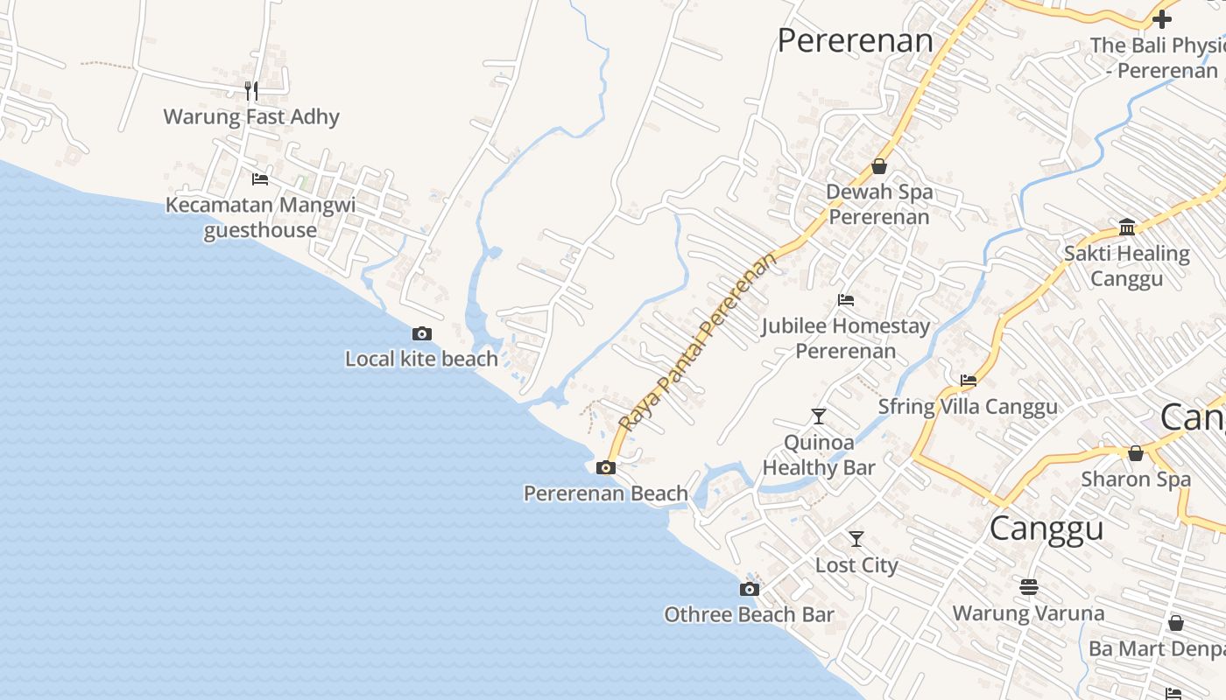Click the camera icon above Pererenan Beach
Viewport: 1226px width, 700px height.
pyautogui.click(x=605, y=468)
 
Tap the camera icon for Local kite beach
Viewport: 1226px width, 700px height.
pyautogui.click(x=422, y=333)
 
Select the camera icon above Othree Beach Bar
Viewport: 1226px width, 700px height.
pyautogui.click(x=749, y=589)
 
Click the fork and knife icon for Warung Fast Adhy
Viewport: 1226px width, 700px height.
pyautogui.click(x=251, y=90)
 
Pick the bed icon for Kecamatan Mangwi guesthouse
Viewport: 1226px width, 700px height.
pyautogui.click(x=260, y=179)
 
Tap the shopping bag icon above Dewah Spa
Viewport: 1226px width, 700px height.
pyautogui.click(x=879, y=166)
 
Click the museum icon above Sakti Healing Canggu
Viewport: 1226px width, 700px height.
pyautogui.click(x=1127, y=227)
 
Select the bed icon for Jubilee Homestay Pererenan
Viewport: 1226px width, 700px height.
pyautogui.click(x=845, y=300)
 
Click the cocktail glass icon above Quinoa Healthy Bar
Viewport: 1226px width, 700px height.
pyautogui.click(x=819, y=416)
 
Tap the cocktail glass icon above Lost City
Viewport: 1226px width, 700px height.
pyautogui.click(x=856, y=539)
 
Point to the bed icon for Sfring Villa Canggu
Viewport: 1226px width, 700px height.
pyautogui.click(x=968, y=381)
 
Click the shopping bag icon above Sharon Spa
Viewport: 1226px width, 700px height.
pyautogui.click(x=1136, y=453)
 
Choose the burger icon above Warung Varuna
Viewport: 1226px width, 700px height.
pyautogui.click(x=1029, y=586)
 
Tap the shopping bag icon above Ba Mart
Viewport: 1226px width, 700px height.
pyautogui.click(x=1176, y=623)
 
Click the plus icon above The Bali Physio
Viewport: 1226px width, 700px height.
pyautogui.click(x=1162, y=18)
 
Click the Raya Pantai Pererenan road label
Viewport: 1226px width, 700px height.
pyautogui.click(x=697, y=342)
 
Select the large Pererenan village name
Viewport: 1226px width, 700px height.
pyautogui.click(x=856, y=40)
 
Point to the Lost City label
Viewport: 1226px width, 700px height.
pyautogui.click(x=856, y=565)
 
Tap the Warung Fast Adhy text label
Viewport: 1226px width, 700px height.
pyautogui.click(x=251, y=116)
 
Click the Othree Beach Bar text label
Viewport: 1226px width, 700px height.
pyautogui.click(x=749, y=614)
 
